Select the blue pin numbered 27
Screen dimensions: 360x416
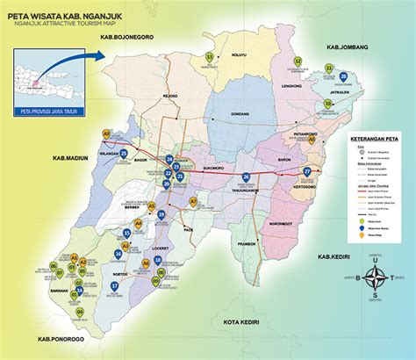click(306, 171)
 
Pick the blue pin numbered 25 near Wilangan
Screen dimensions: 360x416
click(124, 154)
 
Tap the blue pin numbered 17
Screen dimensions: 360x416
click(115, 286)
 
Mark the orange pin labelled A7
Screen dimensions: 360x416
click(193, 201)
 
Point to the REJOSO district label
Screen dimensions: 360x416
click(183, 97)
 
